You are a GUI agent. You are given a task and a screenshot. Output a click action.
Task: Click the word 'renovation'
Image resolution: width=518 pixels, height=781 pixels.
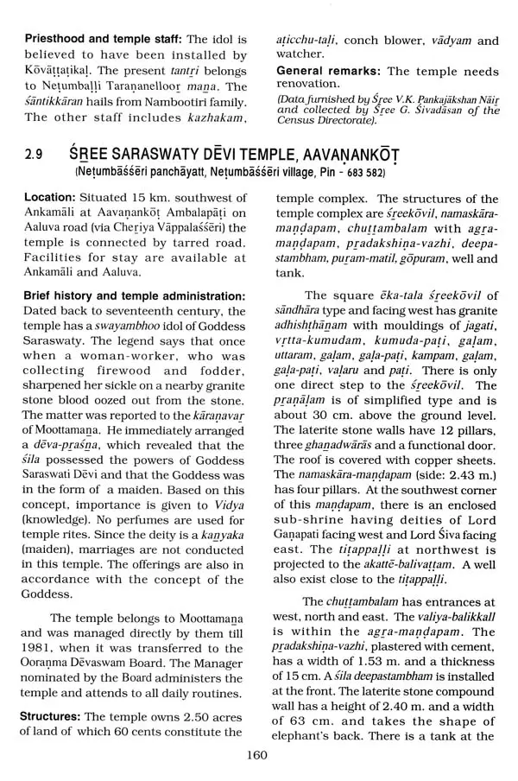306,85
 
